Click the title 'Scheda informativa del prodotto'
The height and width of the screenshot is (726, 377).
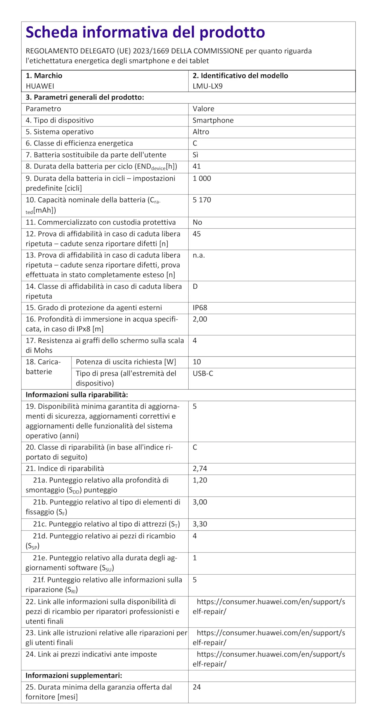click(145, 32)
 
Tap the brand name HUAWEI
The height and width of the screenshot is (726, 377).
click(40, 86)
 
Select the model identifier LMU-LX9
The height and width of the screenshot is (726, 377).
click(207, 86)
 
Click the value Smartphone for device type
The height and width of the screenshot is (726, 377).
click(213, 120)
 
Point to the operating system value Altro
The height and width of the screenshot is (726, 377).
click(201, 132)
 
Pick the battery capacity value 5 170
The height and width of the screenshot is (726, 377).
click(202, 200)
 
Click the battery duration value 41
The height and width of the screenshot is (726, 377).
click(197, 166)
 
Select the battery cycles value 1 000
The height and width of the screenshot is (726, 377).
click(202, 178)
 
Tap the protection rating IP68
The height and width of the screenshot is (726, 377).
click(200, 308)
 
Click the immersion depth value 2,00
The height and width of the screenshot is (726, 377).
click(200, 319)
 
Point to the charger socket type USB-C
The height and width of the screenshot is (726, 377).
click(203, 373)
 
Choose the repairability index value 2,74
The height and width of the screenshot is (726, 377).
click(200, 468)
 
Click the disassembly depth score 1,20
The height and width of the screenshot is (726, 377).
click(200, 480)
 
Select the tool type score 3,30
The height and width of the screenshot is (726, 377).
click(200, 524)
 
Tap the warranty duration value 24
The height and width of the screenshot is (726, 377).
click(197, 687)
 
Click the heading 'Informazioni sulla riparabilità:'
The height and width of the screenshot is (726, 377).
click(77, 395)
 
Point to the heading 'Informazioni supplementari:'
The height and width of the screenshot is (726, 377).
click(74, 676)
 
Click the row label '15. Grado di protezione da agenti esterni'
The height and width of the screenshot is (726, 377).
click(94, 308)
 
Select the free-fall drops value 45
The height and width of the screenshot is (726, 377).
click(197, 234)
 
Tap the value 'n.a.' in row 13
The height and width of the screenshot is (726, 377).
click(199, 255)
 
